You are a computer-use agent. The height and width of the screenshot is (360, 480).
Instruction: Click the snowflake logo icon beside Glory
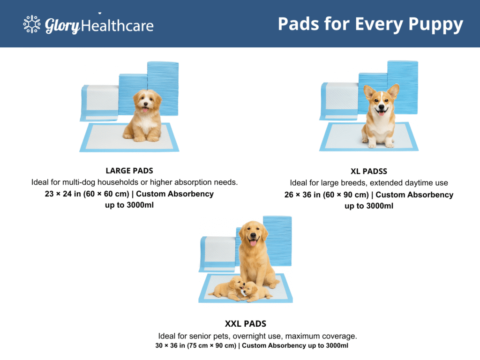[x=32, y=24]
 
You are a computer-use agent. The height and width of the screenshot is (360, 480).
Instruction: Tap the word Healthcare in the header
[x=117, y=26]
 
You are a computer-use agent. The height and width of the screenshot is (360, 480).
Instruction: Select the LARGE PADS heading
[x=129, y=171]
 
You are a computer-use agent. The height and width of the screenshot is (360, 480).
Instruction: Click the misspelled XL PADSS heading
[x=368, y=171]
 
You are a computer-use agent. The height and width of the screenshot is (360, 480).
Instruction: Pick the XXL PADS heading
[x=246, y=323]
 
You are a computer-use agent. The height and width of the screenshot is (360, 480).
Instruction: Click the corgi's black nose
[x=381, y=107]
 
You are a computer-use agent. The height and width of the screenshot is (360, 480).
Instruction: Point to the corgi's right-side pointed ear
[x=393, y=91]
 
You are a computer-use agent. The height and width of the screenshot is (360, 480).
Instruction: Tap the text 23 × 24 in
[x=63, y=194]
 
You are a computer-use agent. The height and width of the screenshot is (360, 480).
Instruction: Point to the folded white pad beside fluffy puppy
[x=99, y=103]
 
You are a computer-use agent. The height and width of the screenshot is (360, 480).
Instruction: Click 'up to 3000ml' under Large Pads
[x=129, y=205]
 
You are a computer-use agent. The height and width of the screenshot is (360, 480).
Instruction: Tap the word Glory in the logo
[x=62, y=26]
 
